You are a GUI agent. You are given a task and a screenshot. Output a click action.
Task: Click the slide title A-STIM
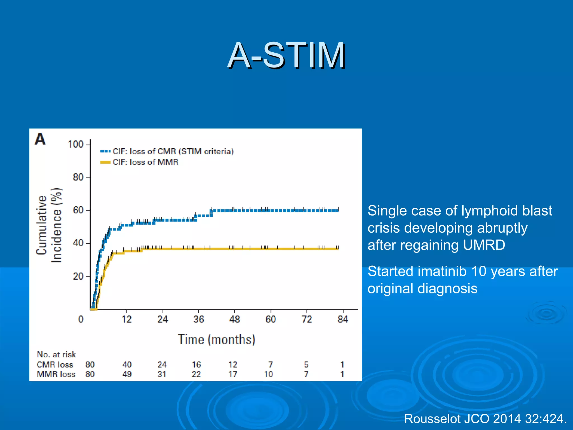pyautogui.click(x=286, y=55)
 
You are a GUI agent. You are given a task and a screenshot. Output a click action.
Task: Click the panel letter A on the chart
pyautogui.click(x=40, y=139)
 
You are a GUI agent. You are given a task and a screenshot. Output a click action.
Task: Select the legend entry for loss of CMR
pyautogui.click(x=173, y=151)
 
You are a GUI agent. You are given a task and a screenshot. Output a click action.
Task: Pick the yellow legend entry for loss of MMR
pyautogui.click(x=145, y=162)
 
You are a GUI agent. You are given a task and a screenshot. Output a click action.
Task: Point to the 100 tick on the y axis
pyautogui.click(x=76, y=144)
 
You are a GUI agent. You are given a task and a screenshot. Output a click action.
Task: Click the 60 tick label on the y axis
pyautogui.click(x=78, y=210)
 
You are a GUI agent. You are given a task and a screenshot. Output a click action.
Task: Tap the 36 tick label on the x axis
pyautogui.click(x=198, y=319)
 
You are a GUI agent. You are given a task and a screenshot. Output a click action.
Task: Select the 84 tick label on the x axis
pyautogui.click(x=342, y=319)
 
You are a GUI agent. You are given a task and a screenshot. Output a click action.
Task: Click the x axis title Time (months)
pyautogui.click(x=217, y=340)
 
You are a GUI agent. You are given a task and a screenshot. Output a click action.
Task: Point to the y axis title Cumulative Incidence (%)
pyautogui.click(x=49, y=225)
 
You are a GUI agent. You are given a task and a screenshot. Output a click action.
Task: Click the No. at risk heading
pyautogui.click(x=56, y=354)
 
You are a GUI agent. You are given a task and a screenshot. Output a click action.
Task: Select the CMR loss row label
pyautogui.click(x=55, y=364)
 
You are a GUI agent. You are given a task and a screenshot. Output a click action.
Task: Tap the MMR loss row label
pyautogui.click(x=56, y=374)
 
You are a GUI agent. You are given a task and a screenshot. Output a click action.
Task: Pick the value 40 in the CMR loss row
pyautogui.click(x=127, y=364)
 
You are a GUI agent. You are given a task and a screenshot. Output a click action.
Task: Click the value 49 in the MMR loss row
pyautogui.click(x=127, y=374)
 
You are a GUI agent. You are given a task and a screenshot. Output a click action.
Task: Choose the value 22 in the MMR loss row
pyautogui.click(x=196, y=374)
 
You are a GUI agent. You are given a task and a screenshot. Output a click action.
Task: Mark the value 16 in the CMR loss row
pyautogui.click(x=196, y=364)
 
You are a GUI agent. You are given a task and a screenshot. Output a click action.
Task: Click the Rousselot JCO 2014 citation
pyautogui.click(x=485, y=419)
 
